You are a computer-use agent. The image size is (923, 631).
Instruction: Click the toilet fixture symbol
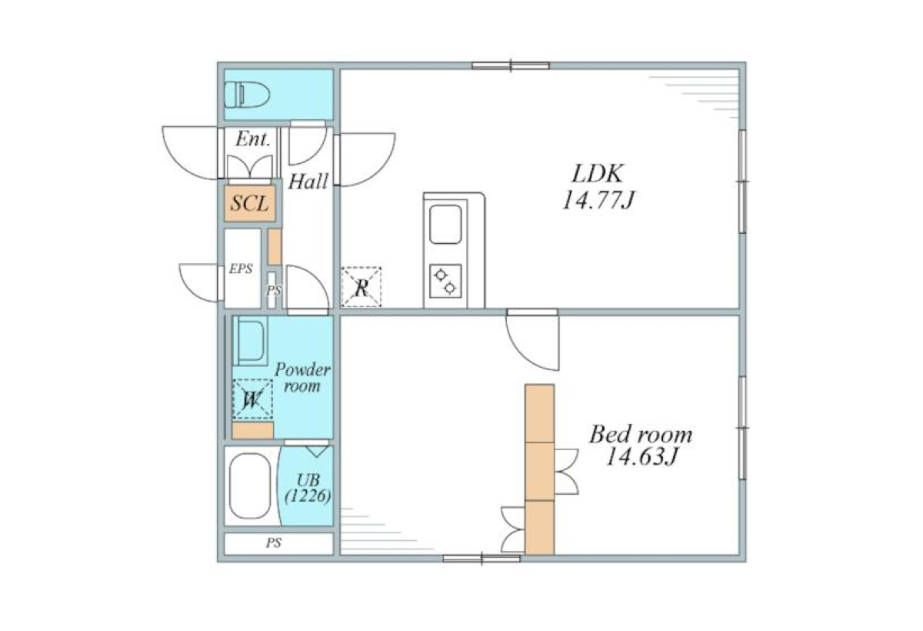pyautogui.click(x=247, y=95)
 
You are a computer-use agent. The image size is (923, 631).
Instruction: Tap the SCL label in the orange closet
pyautogui.click(x=250, y=203)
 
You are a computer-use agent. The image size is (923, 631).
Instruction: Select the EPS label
pyautogui.click(x=241, y=269)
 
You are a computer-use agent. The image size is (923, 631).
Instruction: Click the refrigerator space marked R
pyautogui.click(x=362, y=287)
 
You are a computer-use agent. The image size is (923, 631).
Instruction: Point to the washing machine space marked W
pyautogui.click(x=252, y=399)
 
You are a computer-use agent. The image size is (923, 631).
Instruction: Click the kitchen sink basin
pyautogui.click(x=445, y=224)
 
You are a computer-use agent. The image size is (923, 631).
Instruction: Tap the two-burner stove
pyautogui.click(x=445, y=281)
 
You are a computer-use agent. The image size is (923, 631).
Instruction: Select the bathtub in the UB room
pyautogui.click(x=250, y=486)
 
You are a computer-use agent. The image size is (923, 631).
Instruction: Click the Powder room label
pyautogui.click(x=302, y=378)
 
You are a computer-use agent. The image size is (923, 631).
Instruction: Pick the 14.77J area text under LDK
pyautogui.click(x=598, y=201)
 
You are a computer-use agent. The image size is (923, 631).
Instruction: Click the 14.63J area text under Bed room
pyautogui.click(x=641, y=456)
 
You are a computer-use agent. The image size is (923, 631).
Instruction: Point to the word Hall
pyautogui.click(x=308, y=182)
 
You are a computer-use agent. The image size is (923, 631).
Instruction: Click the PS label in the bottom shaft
pyautogui.click(x=274, y=543)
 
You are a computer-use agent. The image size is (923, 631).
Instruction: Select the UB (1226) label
pyautogui.click(x=308, y=489)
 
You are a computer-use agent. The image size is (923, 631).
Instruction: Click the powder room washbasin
pyautogui.click(x=250, y=340)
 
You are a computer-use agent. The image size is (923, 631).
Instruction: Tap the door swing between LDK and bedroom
pyautogui.click(x=533, y=342)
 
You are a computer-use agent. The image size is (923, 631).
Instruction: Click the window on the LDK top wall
pyautogui.click(x=511, y=65)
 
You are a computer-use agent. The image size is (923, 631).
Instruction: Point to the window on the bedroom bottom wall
pyautogui.click(x=481, y=559)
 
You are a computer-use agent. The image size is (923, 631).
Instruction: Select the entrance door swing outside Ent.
pyautogui.click(x=190, y=153)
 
